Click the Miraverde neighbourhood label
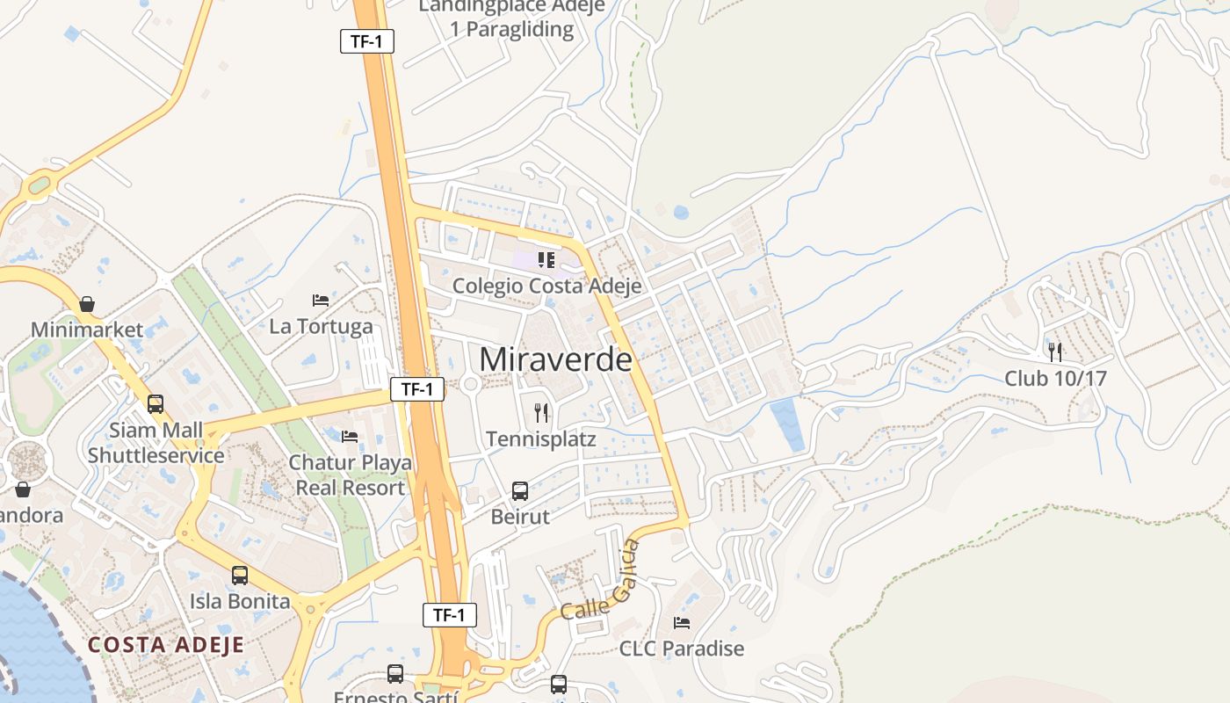pos(556,359)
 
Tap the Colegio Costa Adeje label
pos(546,286)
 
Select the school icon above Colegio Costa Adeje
pos(546,259)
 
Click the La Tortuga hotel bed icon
pos(321,301)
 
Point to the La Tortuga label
pos(321,327)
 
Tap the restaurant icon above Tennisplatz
pos(541,412)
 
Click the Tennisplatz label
pos(541,438)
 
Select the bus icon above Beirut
pos(520,490)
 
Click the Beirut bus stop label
pos(520,517)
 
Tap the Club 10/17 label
pos(1055,379)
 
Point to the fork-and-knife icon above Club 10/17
pos(1055,352)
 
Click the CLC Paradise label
pos(682,649)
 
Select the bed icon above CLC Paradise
pos(682,623)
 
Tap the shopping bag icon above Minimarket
pos(87,304)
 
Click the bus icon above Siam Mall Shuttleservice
pos(156,404)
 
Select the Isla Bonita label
pos(240,602)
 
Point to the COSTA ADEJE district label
pos(165,645)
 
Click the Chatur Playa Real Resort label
pos(350,475)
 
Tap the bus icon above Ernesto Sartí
pos(395,674)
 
